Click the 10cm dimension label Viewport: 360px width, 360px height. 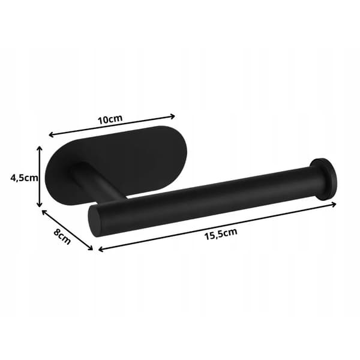click(x=110, y=119)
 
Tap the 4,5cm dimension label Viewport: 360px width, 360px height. click(x=24, y=178)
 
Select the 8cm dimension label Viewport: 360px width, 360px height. click(x=62, y=236)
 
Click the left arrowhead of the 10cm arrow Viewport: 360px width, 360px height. click(x=51, y=134)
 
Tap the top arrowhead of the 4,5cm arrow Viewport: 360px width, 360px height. click(x=40, y=148)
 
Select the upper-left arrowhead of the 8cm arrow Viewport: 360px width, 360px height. click(x=44, y=212)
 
